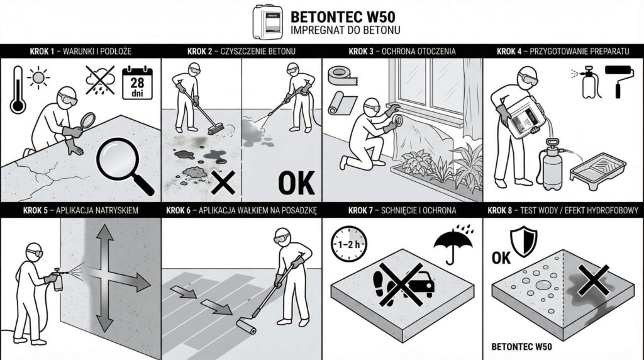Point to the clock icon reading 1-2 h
(x=348, y=242)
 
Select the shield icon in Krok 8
(x=523, y=242)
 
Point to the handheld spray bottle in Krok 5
(x=58, y=281)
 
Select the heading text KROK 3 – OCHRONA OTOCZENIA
(x=402, y=52)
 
